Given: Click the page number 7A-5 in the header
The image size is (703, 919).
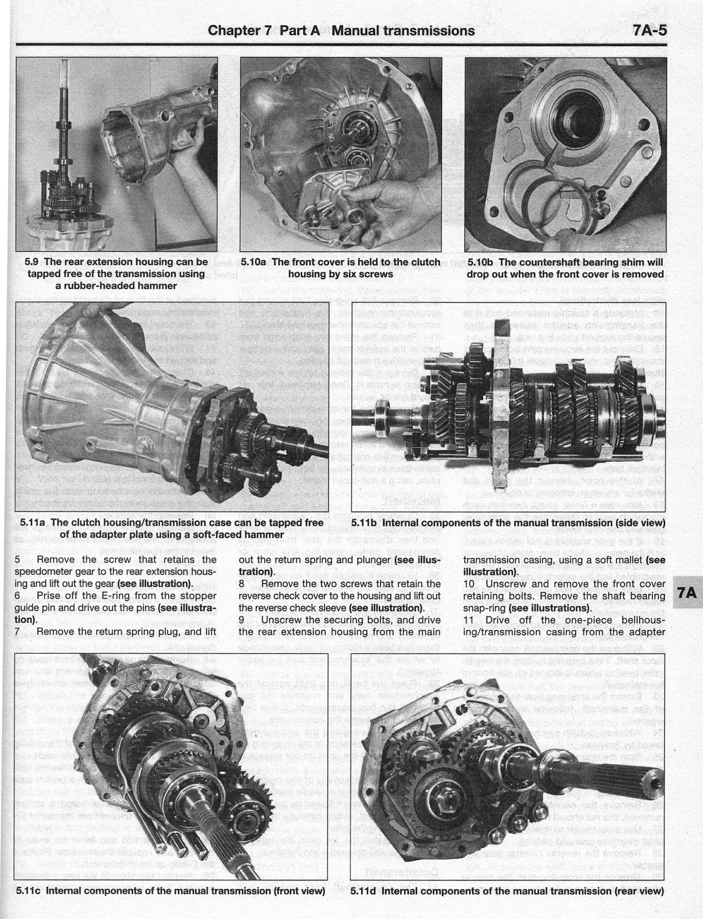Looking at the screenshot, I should pos(649,31).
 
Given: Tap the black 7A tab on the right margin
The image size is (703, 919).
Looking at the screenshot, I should pos(686,592).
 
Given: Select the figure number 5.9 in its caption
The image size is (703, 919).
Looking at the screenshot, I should pos(34,262).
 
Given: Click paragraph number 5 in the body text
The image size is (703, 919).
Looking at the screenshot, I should pos(17,560).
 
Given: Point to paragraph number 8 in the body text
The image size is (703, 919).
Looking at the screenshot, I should pos(241,584).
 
